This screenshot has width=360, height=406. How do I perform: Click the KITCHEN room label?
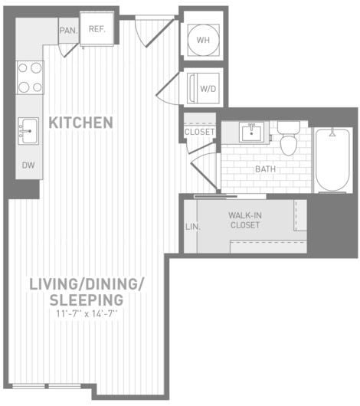point(80,123)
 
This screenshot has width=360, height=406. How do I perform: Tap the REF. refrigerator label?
point(97,29)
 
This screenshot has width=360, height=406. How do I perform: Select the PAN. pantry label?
point(69,31)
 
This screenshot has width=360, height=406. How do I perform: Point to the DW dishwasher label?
point(28,165)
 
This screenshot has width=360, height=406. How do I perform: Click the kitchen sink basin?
point(29,131)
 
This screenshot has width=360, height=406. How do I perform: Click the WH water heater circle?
point(203,40)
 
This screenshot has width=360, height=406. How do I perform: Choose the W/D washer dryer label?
point(208,89)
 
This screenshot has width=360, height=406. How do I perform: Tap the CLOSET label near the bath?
point(199,132)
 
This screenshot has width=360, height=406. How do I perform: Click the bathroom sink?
point(251,132)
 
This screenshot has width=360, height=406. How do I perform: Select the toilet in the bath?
point(289,138)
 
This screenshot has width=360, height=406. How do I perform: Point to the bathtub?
point(332,160)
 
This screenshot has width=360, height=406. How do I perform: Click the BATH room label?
point(266,169)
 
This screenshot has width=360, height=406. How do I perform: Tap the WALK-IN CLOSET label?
point(245,220)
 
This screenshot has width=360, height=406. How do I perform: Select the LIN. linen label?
point(193,227)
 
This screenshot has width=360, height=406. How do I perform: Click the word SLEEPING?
point(87,300)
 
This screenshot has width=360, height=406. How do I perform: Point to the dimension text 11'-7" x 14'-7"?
point(87,314)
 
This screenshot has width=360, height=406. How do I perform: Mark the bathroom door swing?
point(204,170)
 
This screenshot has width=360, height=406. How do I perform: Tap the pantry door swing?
point(68,50)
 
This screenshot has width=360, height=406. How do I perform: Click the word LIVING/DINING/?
point(87,284)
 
